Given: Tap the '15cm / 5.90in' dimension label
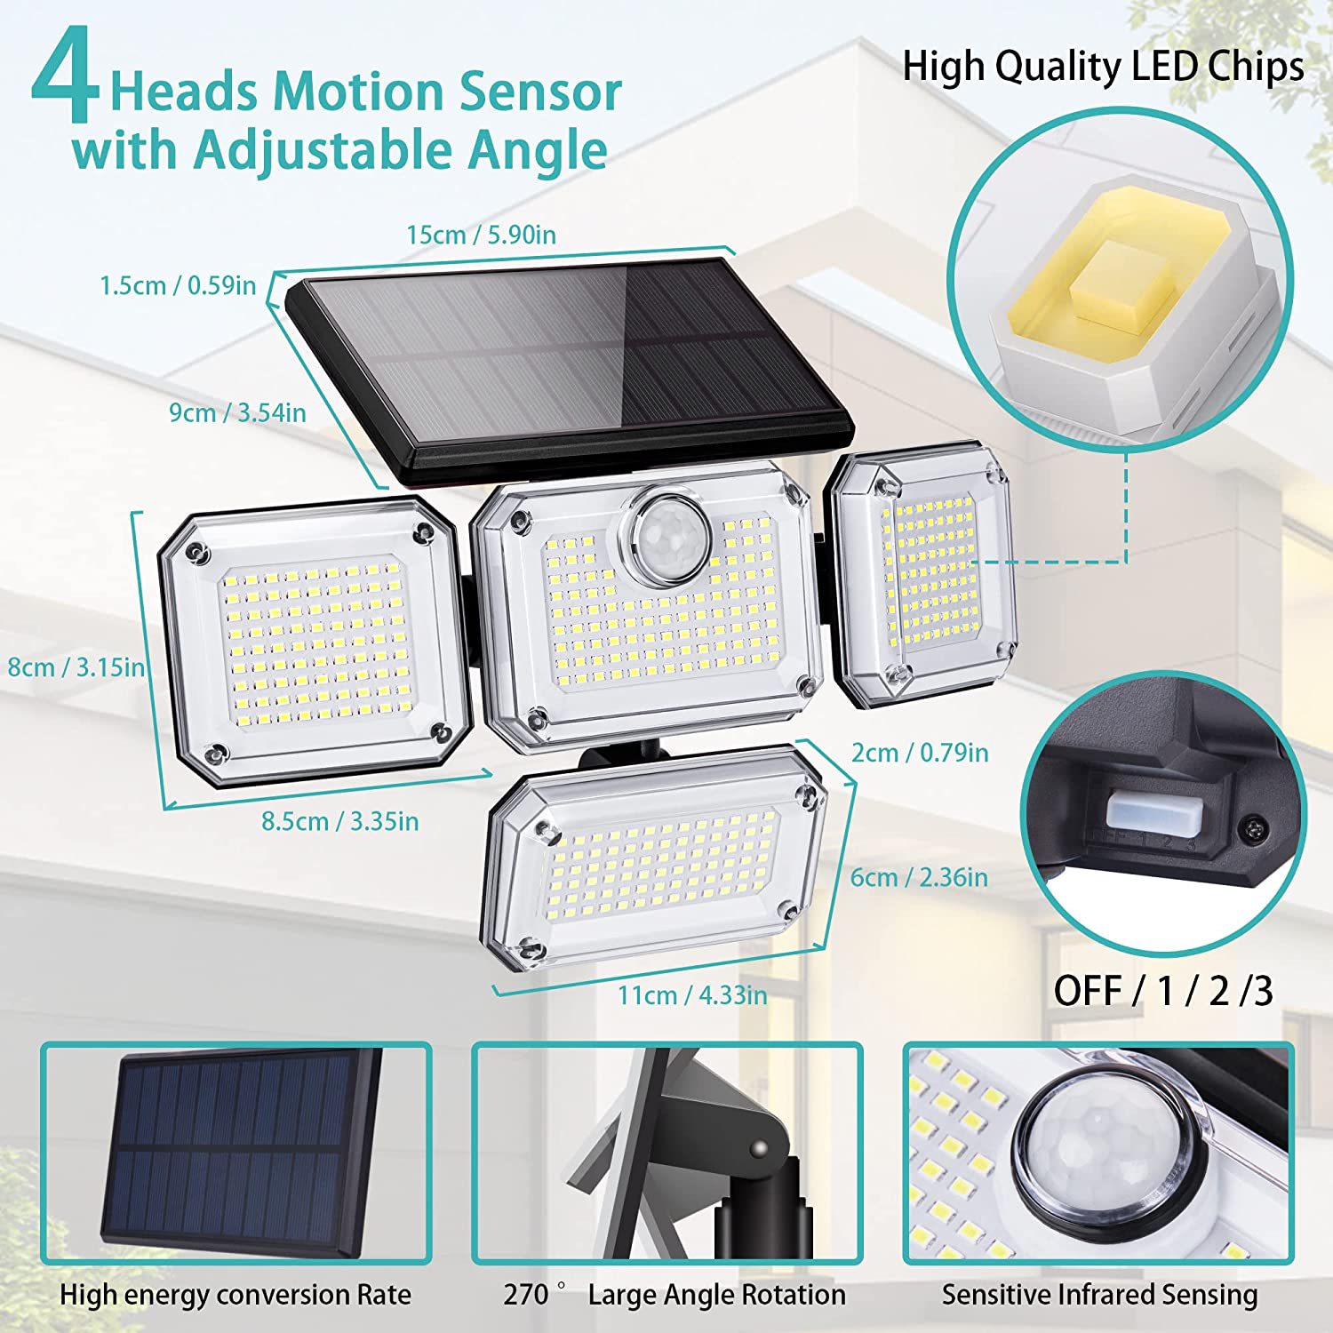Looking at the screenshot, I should [x=481, y=235].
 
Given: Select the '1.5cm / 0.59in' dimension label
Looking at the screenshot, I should [x=178, y=285].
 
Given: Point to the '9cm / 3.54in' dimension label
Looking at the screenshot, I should [x=238, y=412].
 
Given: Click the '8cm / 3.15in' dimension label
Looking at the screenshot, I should [x=76, y=666].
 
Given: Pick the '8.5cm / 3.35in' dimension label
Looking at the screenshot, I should [x=339, y=821].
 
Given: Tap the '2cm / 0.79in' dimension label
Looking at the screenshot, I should [x=920, y=753].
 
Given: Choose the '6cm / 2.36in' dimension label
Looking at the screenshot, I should [x=919, y=877].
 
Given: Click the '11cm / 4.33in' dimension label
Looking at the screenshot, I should [x=692, y=994].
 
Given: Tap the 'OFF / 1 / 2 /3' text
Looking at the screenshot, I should [x=1163, y=991].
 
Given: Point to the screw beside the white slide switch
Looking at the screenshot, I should [x=1253, y=829].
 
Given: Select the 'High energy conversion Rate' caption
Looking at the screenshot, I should [x=235, y=1295].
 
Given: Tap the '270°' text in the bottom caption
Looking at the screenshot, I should [x=533, y=1295].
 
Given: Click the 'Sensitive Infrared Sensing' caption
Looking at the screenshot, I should [x=1099, y=1295].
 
